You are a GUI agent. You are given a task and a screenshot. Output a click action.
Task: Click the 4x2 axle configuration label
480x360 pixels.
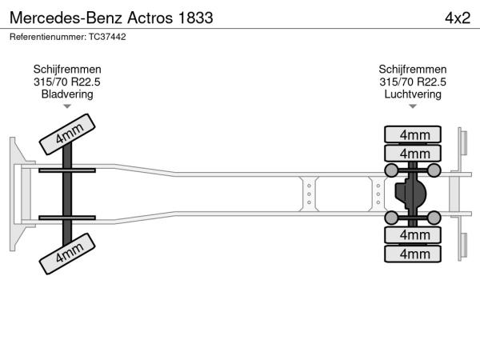pyautogui.click(x=458, y=18)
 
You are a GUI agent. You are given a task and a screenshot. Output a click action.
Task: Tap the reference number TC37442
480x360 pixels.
pyautogui.click(x=107, y=37)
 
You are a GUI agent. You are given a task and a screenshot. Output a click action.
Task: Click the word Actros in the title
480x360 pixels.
pyautogui.click(x=150, y=18)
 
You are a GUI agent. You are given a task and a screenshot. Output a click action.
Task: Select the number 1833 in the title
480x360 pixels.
pyautogui.click(x=195, y=18)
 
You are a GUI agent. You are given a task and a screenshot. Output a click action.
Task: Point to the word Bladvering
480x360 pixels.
pyautogui.click(x=67, y=94)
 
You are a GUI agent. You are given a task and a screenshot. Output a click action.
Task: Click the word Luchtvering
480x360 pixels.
pyautogui.click(x=413, y=94)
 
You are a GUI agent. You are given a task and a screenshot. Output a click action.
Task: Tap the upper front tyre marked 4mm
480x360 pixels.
pyautogui.click(x=67, y=134)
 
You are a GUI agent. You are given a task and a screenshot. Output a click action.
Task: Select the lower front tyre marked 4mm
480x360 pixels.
pyautogui.click(x=67, y=254)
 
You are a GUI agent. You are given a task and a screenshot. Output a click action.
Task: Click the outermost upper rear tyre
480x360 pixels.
pyautogui.click(x=413, y=134)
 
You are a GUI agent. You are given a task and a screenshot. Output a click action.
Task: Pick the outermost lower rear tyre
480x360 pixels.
pyautogui.click(x=413, y=254)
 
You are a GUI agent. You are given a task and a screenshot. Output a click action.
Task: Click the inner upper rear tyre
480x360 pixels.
pyautogui.click(x=413, y=153)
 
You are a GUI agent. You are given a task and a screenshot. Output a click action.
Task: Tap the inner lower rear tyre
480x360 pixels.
pyautogui.click(x=413, y=234)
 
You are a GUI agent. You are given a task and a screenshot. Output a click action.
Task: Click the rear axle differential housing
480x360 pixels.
pyautogui.click(x=410, y=194)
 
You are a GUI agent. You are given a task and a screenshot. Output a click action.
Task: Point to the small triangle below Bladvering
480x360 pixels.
pyautogui.click(x=67, y=106)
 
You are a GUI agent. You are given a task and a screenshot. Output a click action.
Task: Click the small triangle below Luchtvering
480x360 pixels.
pyautogui.click(x=413, y=106)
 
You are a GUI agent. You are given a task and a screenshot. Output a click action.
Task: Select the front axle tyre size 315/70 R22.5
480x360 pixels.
pyautogui.click(x=67, y=82)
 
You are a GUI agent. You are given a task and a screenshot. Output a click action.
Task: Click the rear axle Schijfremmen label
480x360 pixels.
pyautogui.click(x=413, y=70)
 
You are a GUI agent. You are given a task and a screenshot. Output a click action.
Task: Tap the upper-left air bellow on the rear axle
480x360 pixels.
pyautogui.click(x=391, y=170)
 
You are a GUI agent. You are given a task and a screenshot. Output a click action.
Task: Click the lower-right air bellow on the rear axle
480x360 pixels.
pyautogui.click(x=434, y=218)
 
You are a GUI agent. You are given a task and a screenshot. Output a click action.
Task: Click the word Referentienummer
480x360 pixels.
pyautogui.click(x=48, y=37)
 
